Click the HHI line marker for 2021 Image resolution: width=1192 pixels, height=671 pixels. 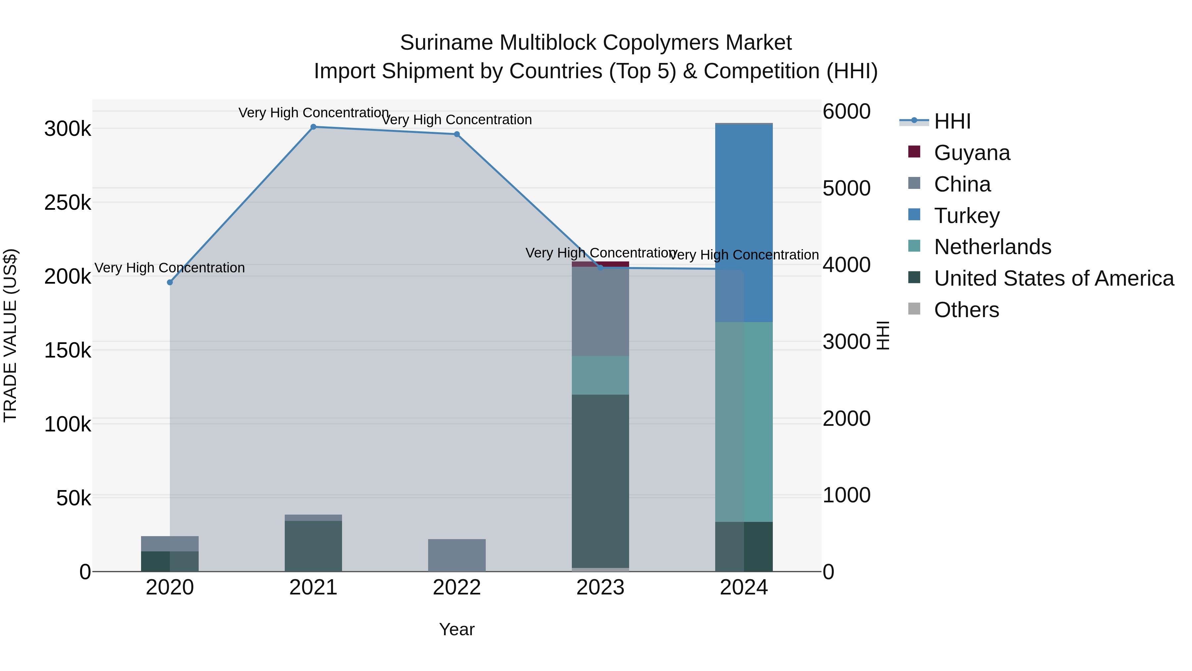(313, 127)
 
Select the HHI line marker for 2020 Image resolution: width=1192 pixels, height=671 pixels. (170, 282)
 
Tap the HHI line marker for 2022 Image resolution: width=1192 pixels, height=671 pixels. (457, 134)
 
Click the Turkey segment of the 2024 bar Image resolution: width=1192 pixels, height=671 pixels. (744, 222)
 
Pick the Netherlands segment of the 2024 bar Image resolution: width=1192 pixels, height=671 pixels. (744, 421)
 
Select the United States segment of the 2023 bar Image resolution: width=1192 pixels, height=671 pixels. (600, 481)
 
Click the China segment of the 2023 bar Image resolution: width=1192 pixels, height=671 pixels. (600, 311)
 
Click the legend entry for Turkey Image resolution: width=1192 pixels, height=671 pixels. (967, 216)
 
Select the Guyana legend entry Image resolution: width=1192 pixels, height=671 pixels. (972, 153)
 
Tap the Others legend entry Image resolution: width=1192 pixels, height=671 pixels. (966, 310)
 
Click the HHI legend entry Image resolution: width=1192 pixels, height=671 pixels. (952, 121)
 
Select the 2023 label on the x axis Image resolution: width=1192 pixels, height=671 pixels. (600, 587)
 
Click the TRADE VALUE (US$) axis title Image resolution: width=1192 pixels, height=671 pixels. (10, 335)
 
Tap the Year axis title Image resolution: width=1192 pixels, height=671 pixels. (457, 629)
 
